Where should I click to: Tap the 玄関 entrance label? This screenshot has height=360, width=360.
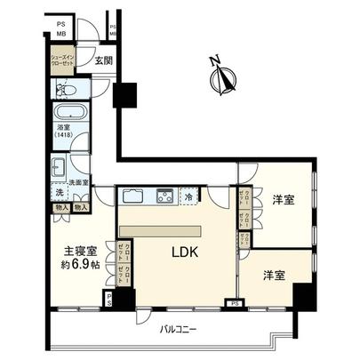tap(105, 62)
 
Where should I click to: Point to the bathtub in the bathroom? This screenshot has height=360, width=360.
tap(68, 114)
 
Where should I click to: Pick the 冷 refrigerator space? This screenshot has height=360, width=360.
tap(189, 197)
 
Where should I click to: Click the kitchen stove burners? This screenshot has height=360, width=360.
tap(164, 196)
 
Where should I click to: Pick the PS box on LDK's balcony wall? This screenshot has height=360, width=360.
tap(234, 303)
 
